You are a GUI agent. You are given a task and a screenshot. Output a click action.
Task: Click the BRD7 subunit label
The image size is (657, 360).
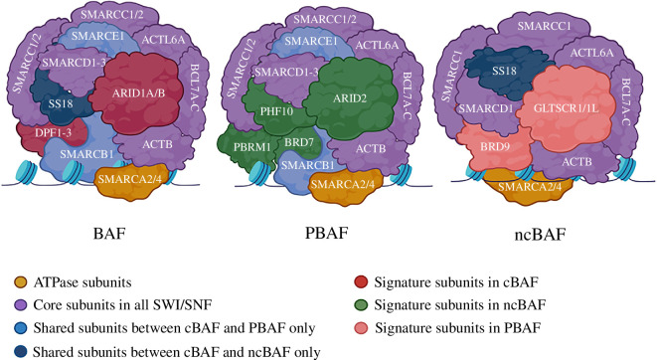click(299, 142)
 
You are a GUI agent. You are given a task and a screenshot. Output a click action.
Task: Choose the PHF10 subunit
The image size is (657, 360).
click(277, 111)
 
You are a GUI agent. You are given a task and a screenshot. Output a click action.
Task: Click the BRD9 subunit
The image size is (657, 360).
click(494, 147)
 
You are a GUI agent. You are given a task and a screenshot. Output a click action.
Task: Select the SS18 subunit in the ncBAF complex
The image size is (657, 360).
click(505, 72)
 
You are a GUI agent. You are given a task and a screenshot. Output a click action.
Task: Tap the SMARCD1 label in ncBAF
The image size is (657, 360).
click(486, 109)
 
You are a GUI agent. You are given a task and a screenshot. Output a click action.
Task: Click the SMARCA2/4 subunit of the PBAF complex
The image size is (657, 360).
click(346, 185)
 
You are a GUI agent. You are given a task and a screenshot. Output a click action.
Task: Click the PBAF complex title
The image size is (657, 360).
click(327, 233)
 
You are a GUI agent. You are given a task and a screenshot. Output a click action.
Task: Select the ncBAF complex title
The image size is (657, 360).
click(540, 235)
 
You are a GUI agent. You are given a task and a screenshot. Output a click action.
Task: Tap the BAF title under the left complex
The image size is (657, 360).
click(109, 233)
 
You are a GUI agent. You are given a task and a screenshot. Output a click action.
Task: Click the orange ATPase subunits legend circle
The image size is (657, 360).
click(20, 282)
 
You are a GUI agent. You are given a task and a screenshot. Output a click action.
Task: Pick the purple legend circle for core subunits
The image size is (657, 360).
click(20, 304)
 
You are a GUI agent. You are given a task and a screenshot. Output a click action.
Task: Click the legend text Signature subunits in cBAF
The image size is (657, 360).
click(456, 282)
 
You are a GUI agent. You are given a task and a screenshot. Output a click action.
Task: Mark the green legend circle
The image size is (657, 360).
click(361, 304)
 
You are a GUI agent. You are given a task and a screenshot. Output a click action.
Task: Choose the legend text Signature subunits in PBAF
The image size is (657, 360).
click(457, 327)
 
